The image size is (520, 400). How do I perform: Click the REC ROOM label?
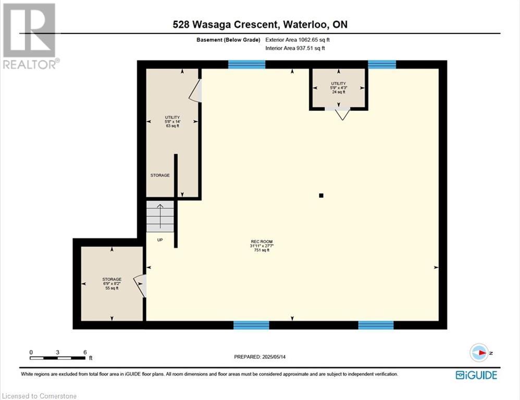(x=262, y=242)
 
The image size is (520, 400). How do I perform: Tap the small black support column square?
(x=321, y=195)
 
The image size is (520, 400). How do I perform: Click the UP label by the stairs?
(x=160, y=240)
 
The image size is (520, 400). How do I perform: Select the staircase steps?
(x=160, y=216)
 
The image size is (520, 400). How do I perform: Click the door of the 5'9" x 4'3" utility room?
(x=342, y=114)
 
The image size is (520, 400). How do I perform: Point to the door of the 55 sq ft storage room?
(x=141, y=285)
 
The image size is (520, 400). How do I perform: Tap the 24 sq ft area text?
(x=339, y=92)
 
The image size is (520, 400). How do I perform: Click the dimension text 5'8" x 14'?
(x=172, y=122)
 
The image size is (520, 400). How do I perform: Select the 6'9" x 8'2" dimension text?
(x=112, y=284)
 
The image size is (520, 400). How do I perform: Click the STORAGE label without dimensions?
(x=160, y=176)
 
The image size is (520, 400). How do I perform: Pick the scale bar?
(x=57, y=358)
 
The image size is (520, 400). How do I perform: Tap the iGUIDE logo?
(x=476, y=375)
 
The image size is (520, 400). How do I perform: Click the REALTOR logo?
(x=31, y=36)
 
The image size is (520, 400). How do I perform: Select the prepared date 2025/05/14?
(x=274, y=357)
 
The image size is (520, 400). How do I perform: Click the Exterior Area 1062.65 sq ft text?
(x=298, y=40)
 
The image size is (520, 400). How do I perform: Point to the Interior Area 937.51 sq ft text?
(x=295, y=48)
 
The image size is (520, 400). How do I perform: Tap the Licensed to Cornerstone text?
(x=39, y=396)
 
